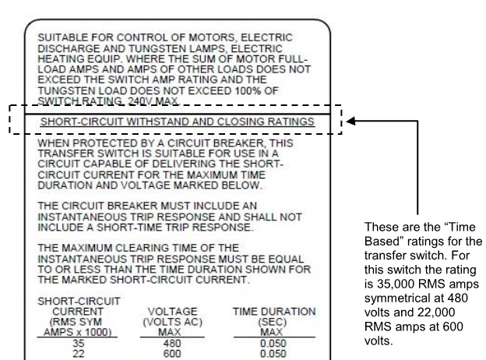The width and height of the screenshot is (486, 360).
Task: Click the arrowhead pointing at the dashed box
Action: [x=352, y=122]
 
